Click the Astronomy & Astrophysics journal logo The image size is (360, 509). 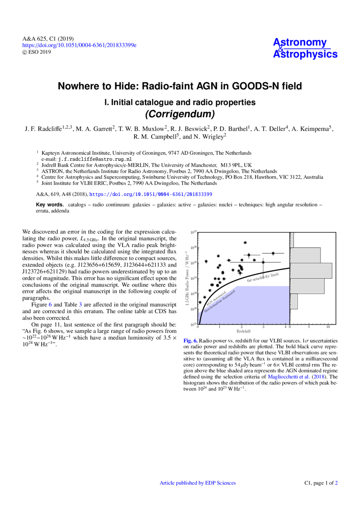pyautogui.click(x=305, y=48)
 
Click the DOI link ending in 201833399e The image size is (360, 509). pyautogui.click(x=79, y=45)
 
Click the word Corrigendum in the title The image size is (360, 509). pyautogui.click(x=180, y=114)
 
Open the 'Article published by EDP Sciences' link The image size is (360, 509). pyautogui.click(x=197, y=483)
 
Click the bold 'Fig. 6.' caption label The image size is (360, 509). pyautogui.click(x=190, y=341)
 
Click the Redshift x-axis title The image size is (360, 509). pyautogui.click(x=243, y=331)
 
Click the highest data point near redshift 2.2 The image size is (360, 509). pyautogui.click(x=245, y=243)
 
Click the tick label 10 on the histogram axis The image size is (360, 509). pyautogui.click(x=328, y=327)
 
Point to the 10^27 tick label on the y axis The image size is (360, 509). pyautogui.click(x=194, y=232)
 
